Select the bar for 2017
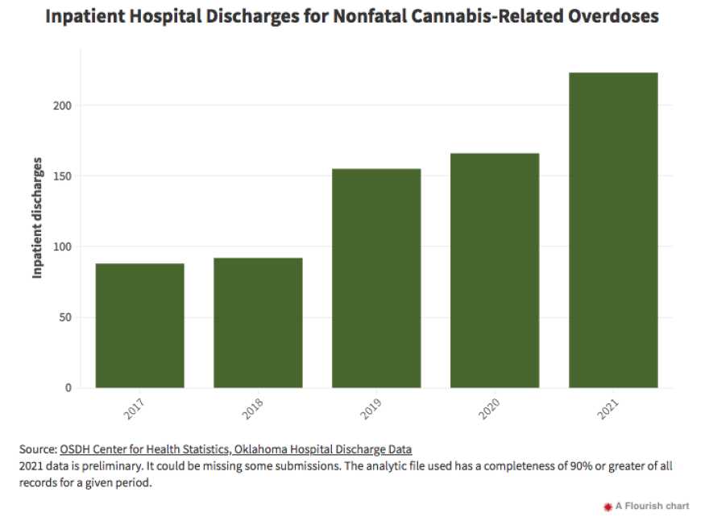[139, 325]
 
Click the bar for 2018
[258, 322]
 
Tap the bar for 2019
[376, 278]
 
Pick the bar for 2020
[495, 270]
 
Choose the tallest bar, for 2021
[613, 230]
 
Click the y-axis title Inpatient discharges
[37, 218]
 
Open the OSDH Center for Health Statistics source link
[235, 449]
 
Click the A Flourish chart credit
[652, 506]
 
